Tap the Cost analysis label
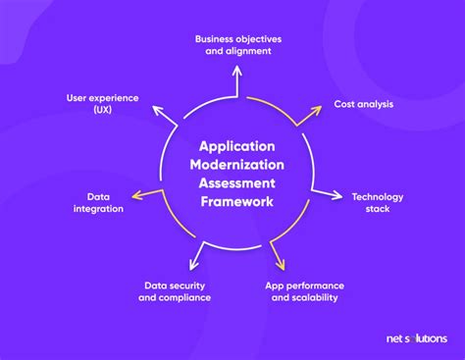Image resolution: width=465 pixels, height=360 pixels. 364,103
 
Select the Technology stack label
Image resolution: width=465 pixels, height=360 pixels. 377,202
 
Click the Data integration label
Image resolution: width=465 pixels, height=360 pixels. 98,202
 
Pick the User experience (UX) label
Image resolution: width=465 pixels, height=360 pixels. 102,104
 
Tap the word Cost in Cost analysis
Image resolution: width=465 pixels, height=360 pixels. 345,103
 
